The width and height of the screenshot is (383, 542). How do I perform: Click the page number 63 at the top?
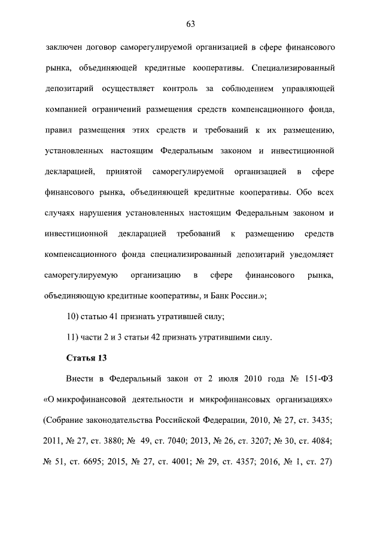pyautogui.click(x=191, y=24)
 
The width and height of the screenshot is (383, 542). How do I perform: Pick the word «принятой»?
pyautogui.click(x=123, y=172)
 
